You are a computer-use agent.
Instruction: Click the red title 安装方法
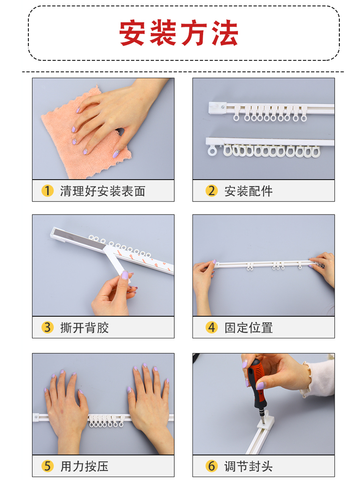[179, 33]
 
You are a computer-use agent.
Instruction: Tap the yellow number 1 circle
[47, 191]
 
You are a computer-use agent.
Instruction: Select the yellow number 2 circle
[211, 191]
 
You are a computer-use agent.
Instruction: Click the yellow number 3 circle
[47, 327]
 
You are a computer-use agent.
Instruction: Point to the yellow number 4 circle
[211, 327]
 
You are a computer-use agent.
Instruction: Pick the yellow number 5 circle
[47, 466]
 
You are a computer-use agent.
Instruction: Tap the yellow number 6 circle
[211, 466]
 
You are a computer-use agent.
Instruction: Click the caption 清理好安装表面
[102, 191]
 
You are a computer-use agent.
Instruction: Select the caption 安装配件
[248, 191]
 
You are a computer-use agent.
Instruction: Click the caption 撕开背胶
[84, 328]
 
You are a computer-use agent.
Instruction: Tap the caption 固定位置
[248, 328]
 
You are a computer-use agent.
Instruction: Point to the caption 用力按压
[84, 466]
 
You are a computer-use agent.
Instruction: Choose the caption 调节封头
[248, 466]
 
